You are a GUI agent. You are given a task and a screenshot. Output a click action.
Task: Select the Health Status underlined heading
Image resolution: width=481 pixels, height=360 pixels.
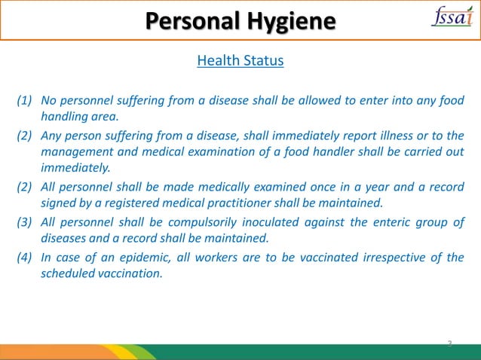tap(240, 60)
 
